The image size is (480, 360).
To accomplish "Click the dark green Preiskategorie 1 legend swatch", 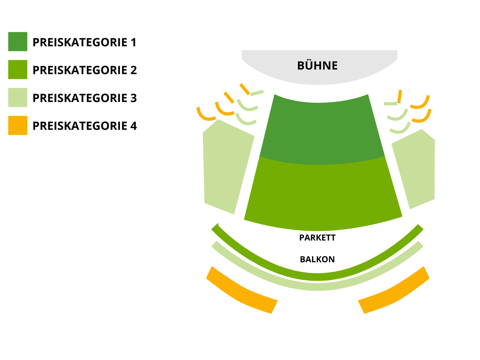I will [x=18, y=42].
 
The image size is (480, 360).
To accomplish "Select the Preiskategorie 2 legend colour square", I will [x=18, y=69].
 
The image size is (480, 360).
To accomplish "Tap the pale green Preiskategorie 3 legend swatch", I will [x=18, y=97].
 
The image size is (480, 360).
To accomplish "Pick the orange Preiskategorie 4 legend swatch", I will [x=18, y=125].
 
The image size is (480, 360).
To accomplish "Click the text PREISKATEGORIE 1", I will [x=84, y=42].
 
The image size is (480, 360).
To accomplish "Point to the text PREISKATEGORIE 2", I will [x=84, y=70].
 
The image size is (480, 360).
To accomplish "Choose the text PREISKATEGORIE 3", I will [x=84, y=98].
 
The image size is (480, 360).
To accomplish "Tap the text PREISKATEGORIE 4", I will [x=84, y=126].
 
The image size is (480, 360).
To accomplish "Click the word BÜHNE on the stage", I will [x=317, y=66].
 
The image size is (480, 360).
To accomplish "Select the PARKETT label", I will [x=317, y=238].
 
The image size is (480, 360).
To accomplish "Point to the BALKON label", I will [x=317, y=259].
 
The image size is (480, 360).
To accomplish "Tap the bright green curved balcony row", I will [x=317, y=277].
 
